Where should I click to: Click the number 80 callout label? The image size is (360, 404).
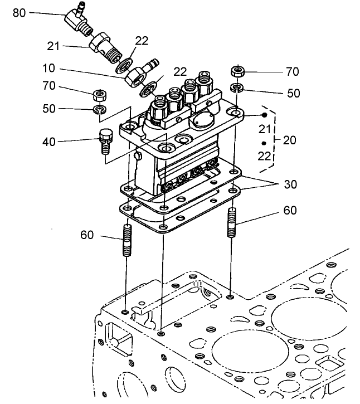click(19, 12)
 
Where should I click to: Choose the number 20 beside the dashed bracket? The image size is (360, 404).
click(289, 140)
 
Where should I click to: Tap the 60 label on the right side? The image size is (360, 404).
click(289, 211)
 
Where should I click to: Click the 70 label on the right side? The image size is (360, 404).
click(292, 72)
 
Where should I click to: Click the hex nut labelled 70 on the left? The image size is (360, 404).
click(100, 93)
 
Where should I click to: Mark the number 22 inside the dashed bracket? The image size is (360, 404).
click(264, 157)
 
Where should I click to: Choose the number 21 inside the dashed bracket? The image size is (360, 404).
click(264, 129)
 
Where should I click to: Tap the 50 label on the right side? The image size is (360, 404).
click(293, 94)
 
